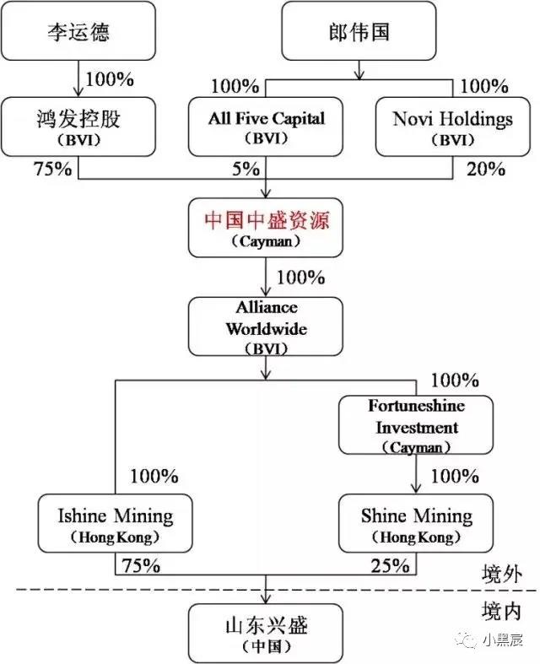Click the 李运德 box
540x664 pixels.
78,31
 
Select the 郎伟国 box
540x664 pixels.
359,31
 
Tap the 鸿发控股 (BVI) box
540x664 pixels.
78,127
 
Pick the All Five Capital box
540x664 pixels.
266,127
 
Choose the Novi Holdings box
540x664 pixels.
453,127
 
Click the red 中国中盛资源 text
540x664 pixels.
267,220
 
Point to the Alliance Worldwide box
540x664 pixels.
266,327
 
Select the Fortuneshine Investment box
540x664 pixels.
416,425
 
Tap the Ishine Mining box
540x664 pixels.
116,523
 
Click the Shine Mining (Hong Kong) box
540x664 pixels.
416,523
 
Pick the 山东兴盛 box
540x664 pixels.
266,634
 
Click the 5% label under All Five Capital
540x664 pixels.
246,169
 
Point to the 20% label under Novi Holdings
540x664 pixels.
486,169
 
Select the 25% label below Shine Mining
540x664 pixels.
391,566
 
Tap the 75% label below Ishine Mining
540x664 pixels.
141,566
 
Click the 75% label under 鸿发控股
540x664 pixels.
53,169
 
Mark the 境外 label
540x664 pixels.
502,575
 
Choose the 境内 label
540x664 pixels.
501,611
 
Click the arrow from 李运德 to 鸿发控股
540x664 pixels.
78,78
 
